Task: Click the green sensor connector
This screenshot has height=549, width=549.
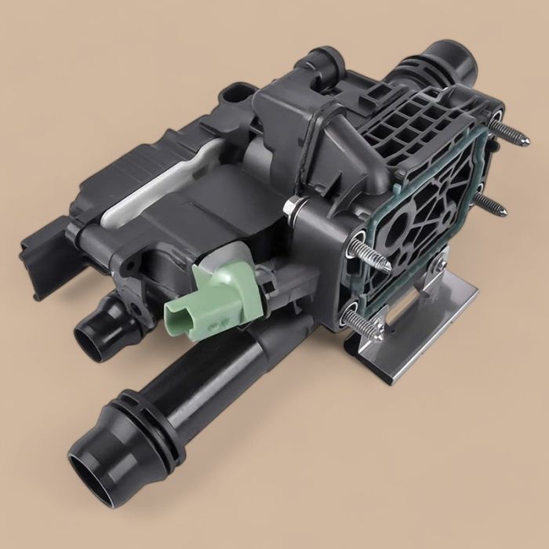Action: point(210,291)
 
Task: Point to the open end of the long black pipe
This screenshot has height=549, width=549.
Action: point(91,474)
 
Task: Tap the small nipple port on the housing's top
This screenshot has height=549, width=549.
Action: point(329,57)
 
